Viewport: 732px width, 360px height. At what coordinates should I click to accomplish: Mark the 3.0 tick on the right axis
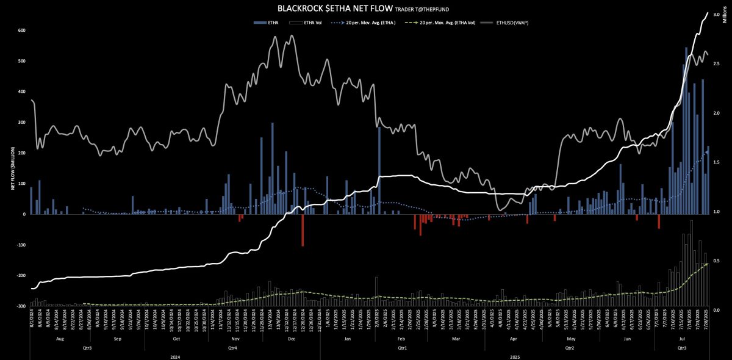[x=717, y=13]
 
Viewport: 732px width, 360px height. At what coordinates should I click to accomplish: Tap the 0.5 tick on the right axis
[x=717, y=261]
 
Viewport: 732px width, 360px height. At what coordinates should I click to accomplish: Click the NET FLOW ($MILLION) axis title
[x=12, y=168]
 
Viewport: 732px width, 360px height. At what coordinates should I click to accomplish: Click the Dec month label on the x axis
[x=291, y=338]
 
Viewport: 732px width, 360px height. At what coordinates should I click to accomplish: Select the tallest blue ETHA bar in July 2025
[x=686, y=131]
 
